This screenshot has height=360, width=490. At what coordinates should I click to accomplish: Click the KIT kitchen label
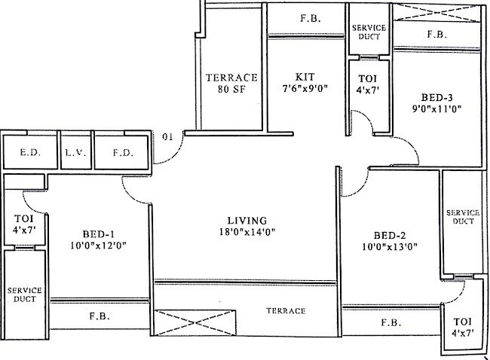coord(305,77)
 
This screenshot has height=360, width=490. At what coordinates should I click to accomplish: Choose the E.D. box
coord(29,152)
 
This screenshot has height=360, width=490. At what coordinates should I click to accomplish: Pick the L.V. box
coord(73,152)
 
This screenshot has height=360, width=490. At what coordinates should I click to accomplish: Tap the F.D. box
coord(122,152)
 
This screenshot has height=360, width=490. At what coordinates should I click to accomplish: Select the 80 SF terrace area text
coord(232,90)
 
